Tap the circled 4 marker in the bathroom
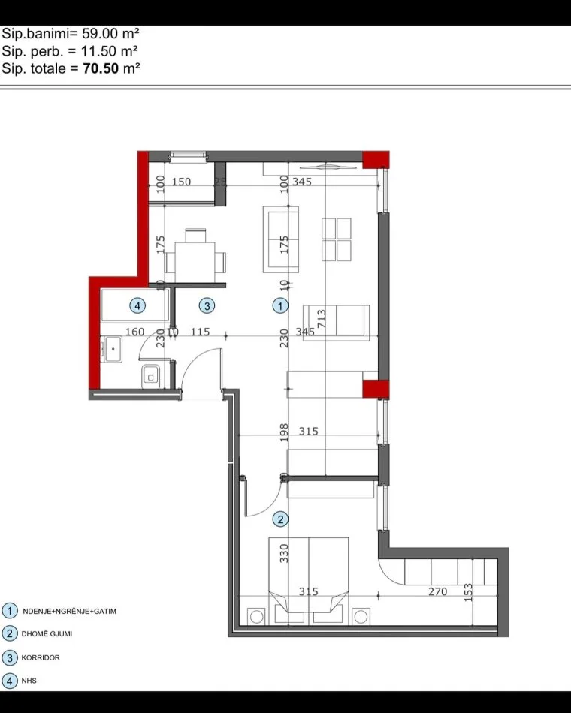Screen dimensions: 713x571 point(137,305)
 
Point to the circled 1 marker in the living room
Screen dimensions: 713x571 point(279,305)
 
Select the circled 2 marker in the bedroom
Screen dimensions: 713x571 point(279,518)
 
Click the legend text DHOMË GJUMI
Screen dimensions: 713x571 point(48,634)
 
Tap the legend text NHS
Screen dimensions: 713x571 point(30,681)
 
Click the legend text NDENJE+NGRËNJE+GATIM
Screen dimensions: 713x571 point(69,611)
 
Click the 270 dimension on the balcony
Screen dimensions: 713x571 point(437,592)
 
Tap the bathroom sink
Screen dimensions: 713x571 point(113,349)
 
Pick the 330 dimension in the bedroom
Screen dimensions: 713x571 point(285,554)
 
